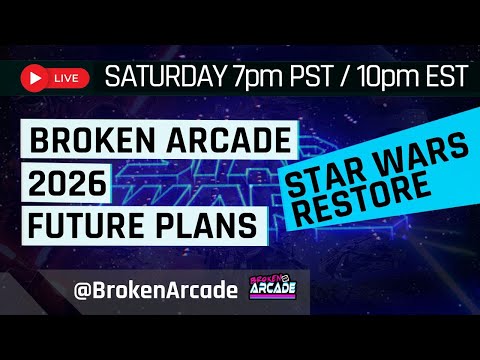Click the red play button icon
[36, 76]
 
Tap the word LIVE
[65, 76]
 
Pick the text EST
[444, 76]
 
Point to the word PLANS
[209, 226]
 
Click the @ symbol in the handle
[83, 290]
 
